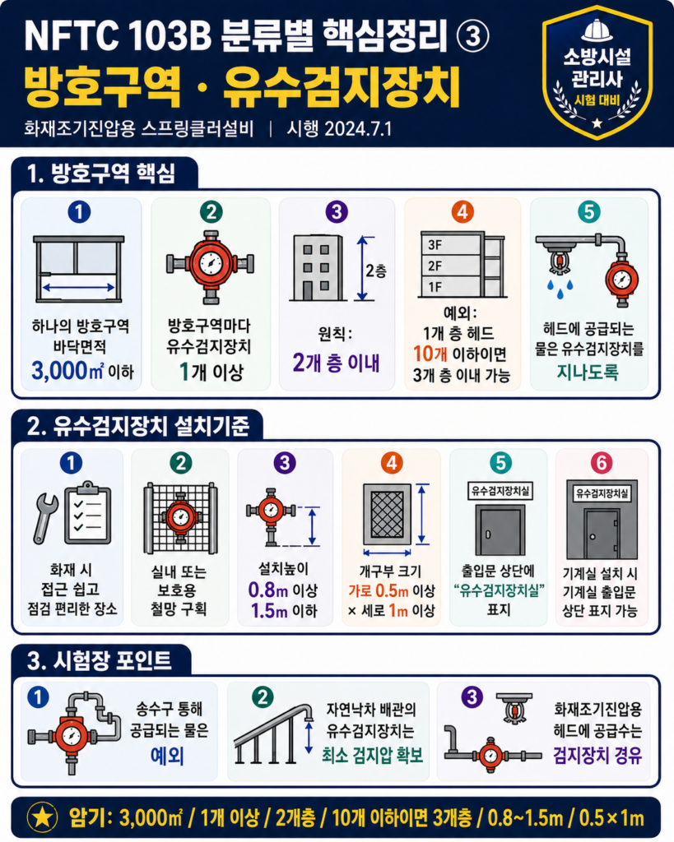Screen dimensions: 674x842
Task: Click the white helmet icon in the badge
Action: [597, 30]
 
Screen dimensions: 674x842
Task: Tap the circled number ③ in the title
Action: [472, 36]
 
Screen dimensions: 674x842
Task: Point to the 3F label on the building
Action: [435, 245]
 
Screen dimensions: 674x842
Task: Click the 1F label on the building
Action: [435, 287]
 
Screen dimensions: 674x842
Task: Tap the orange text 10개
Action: [430, 354]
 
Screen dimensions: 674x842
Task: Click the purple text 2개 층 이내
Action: [337, 363]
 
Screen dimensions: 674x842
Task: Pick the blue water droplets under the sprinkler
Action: [560, 289]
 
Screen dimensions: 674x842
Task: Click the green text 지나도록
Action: [588, 372]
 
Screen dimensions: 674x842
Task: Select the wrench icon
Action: [46, 518]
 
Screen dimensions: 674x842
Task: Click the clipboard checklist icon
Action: [87, 513]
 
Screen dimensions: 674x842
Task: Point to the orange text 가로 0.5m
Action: [379, 591]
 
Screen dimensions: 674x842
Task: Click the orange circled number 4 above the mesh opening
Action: [391, 463]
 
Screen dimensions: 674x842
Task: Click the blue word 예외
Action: [168, 756]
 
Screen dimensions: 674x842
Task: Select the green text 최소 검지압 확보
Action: [373, 756]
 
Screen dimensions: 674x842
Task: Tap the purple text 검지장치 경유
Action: [597, 756]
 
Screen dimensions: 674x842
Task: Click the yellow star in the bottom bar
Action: [43, 817]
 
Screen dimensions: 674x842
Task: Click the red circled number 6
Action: [601, 463]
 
